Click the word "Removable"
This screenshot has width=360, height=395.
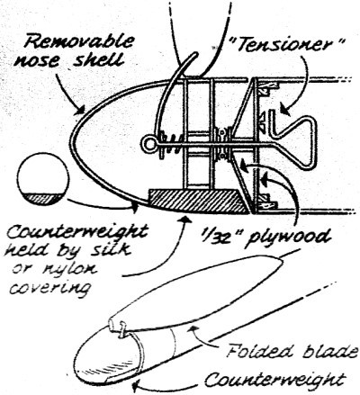pyautogui.click(x=78, y=41)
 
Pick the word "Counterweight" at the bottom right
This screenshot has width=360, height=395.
pyautogui.click(x=274, y=379)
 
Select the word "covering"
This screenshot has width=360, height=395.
pyautogui.click(x=49, y=287)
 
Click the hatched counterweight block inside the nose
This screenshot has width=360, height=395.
pyautogui.click(x=198, y=201)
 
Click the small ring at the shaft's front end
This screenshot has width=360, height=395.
pyautogui.click(x=148, y=144)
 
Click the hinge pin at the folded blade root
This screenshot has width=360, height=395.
pyautogui.click(x=122, y=330)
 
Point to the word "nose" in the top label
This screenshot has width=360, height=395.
pyautogui.click(x=40, y=61)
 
